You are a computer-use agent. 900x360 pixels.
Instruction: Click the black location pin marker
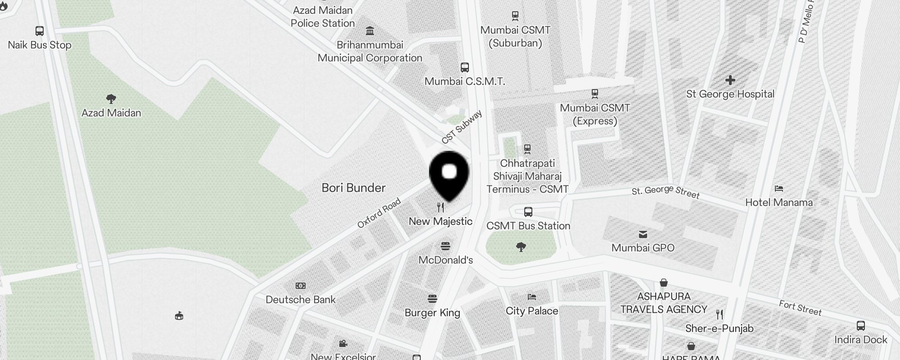tap(449, 175)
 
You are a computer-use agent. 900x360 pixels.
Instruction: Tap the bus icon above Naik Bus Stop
tap(40, 31)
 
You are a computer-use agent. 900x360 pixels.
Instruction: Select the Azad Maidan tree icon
tap(111, 99)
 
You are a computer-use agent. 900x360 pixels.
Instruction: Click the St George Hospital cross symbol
tap(730, 80)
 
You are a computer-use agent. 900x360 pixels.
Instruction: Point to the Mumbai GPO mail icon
tap(643, 234)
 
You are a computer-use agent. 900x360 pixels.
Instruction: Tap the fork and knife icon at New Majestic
tap(441, 207)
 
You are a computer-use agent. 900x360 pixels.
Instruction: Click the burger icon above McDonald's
tap(445, 246)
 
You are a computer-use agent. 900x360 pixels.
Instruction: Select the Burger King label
tap(432, 313)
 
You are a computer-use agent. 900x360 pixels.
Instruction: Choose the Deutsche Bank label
tap(301, 300)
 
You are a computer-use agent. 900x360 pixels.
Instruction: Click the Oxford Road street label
tap(379, 213)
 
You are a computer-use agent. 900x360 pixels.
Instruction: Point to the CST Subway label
tap(462, 127)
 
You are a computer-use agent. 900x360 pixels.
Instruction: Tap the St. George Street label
tap(666, 192)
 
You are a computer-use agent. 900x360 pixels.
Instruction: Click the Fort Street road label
tap(800, 308)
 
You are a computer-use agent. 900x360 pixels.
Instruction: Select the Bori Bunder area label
tap(353, 188)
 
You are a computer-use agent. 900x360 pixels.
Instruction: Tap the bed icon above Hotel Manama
tap(779, 188)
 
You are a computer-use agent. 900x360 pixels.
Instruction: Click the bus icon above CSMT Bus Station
tap(528, 211)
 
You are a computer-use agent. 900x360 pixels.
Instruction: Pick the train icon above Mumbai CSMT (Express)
tap(594, 94)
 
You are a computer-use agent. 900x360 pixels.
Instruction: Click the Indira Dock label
tap(860, 340)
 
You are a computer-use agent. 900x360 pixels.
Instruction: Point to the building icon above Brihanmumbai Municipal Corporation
tap(370, 31)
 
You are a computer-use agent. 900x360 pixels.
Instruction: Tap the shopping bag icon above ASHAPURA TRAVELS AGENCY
tap(663, 283)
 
